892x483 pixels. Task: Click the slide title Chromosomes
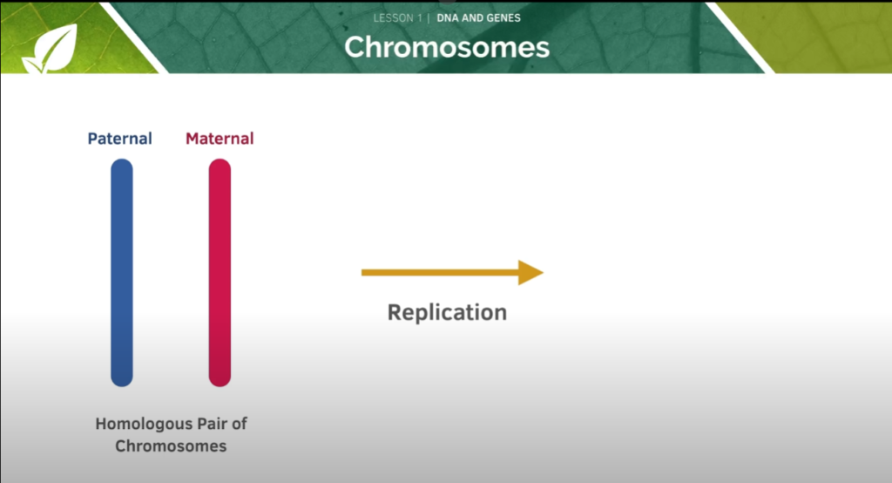pos(447,46)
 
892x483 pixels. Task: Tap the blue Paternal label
pos(119,139)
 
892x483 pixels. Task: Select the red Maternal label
pos(220,139)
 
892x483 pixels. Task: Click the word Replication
pos(447,312)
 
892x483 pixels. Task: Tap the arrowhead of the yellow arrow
pos(530,273)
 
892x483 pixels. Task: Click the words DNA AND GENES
pos(478,18)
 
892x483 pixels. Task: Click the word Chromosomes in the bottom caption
pos(171,446)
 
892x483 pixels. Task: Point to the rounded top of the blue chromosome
pos(122,164)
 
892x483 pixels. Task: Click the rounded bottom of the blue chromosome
pos(122,380)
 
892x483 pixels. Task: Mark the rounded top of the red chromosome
pos(220,164)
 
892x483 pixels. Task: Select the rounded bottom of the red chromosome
pos(220,380)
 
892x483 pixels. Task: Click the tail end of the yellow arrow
pos(367,273)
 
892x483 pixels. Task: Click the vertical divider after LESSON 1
pos(429,18)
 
